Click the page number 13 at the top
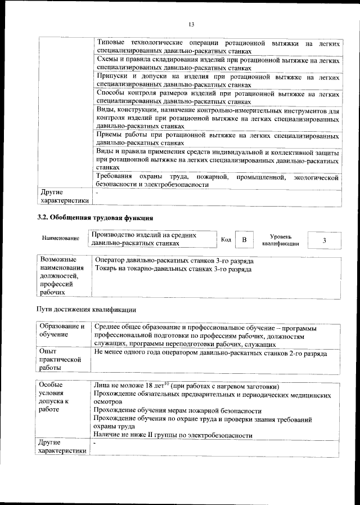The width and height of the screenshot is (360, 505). tap(191, 24)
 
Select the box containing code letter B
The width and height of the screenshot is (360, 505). tap(244, 240)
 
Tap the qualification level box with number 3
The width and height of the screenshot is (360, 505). tap(325, 240)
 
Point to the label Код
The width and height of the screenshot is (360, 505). tap(226, 240)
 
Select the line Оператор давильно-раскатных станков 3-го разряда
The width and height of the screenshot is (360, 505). tap(174, 261)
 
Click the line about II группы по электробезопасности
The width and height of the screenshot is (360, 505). tap(174, 435)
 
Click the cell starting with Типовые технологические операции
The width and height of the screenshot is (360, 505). tap(217, 47)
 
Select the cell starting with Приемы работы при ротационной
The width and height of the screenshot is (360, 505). tap(217, 140)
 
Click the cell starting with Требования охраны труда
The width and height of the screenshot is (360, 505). tap(217, 181)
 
